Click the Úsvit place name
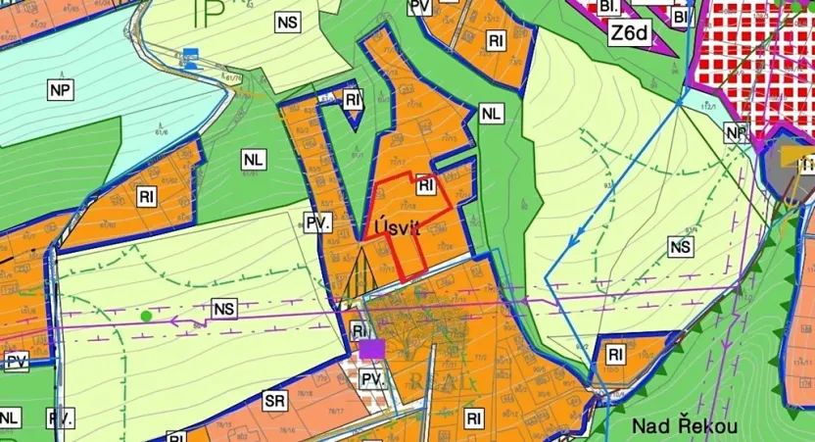397,227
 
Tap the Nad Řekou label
684,425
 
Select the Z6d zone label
629,32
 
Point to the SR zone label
274,402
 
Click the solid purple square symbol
370,349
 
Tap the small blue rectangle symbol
192,54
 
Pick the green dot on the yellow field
146,316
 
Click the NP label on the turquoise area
61,89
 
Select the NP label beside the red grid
737,131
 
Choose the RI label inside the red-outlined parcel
425,184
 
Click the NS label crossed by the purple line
224,310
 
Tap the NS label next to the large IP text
288,22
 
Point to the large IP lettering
209,14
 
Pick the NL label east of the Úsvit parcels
491,114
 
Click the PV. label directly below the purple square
370,379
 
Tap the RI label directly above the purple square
359,330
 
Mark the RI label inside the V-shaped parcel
354,99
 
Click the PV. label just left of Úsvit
317,222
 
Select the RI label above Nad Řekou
615,354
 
